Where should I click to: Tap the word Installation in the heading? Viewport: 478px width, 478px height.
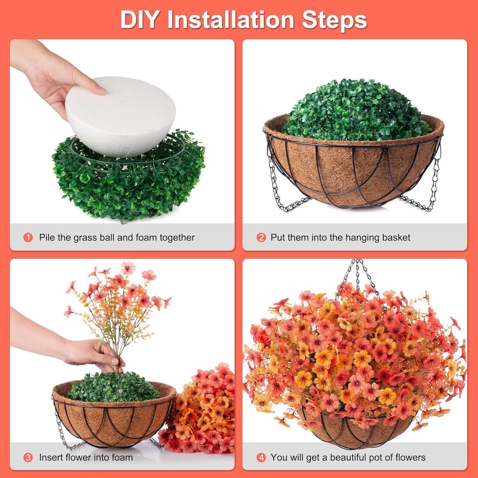coord(230,20)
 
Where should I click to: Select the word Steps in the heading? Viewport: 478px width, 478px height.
coord(334,20)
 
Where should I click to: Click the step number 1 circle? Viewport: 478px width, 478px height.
coord(28,237)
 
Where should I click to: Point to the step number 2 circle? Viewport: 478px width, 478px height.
coord(261,237)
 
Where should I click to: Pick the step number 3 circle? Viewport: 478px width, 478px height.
coord(28,458)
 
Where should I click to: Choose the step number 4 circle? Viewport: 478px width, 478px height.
coord(261,458)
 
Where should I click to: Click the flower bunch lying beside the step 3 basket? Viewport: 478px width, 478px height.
coord(204,411)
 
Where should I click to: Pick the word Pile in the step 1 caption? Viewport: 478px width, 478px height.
coord(47,237)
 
